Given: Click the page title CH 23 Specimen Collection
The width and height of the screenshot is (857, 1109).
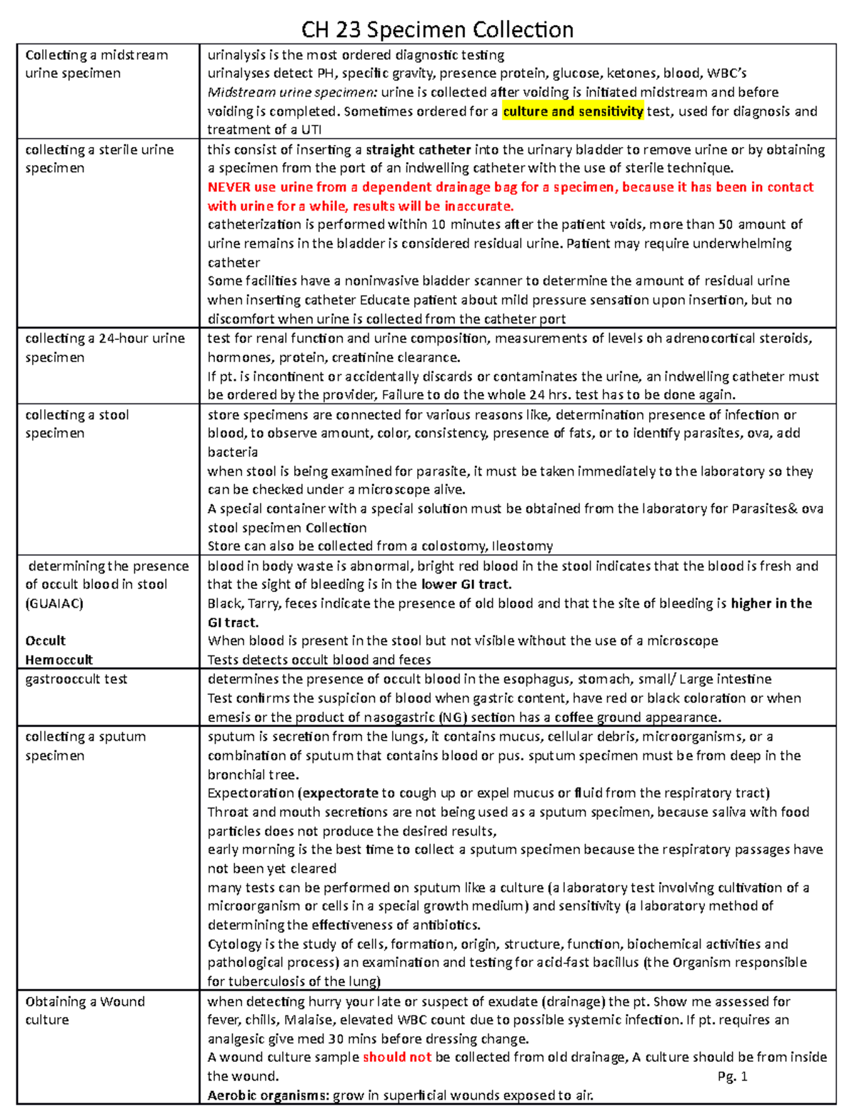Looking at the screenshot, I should [x=437, y=29].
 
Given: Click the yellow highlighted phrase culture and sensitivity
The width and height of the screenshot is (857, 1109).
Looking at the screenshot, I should [x=573, y=111].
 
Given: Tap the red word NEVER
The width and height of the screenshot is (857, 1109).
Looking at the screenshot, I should [x=230, y=187].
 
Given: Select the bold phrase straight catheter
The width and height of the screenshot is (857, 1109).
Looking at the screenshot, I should [x=418, y=150].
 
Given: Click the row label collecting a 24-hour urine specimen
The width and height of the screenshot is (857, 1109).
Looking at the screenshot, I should [x=104, y=348].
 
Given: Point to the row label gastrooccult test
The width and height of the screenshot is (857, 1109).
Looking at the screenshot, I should [x=76, y=679].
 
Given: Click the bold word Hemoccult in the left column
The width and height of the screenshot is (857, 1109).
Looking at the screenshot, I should [x=59, y=660].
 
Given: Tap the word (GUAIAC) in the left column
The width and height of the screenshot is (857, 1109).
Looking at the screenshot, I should [x=54, y=603].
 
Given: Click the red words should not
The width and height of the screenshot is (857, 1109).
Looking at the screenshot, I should [x=397, y=1057].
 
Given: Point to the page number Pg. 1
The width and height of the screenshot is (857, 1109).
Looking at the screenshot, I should [x=732, y=1076].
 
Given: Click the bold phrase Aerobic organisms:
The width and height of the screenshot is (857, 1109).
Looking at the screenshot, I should [x=269, y=1095].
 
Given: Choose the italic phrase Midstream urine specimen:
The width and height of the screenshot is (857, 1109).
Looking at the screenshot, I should [x=292, y=92].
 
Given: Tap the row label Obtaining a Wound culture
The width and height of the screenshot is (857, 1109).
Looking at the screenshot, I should [x=84, y=1010].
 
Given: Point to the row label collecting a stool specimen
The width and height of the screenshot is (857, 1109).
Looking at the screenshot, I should [x=76, y=424].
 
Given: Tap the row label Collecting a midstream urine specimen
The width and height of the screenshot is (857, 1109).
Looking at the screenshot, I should [x=96, y=64].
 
